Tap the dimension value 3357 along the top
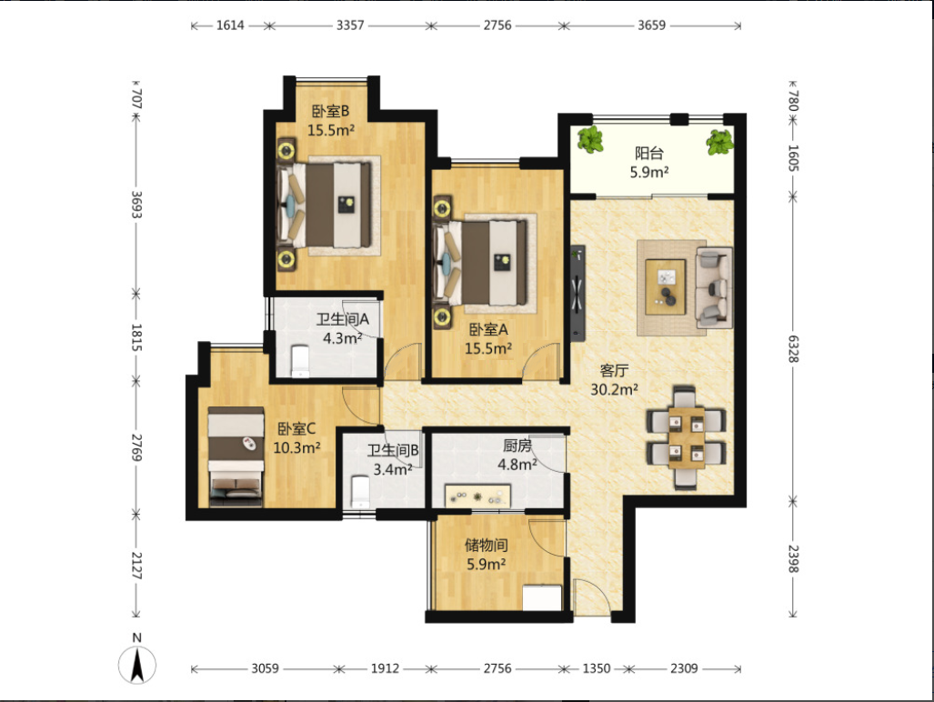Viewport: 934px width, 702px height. click(x=350, y=25)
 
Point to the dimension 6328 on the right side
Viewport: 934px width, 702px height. click(x=793, y=349)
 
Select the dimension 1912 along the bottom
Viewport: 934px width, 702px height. click(x=385, y=668)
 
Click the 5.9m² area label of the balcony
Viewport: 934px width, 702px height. click(x=649, y=172)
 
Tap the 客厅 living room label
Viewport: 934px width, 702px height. click(x=614, y=370)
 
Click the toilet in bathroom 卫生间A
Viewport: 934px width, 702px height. click(x=301, y=360)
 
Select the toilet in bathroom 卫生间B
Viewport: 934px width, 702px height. click(x=360, y=492)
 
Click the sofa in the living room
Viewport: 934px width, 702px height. click(x=714, y=287)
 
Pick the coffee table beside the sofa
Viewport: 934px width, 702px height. click(x=666, y=286)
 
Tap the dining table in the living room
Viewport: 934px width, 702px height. click(x=687, y=437)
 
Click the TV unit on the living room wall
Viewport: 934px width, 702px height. click(x=577, y=293)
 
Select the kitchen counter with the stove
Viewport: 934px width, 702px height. click(x=477, y=496)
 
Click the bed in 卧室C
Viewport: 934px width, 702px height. click(x=236, y=456)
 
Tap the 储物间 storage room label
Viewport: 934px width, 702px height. click(x=486, y=544)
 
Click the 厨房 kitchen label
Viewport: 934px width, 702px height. click(x=517, y=446)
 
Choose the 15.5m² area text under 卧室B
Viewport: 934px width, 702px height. click(x=331, y=130)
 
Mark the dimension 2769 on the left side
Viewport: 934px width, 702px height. click(x=136, y=447)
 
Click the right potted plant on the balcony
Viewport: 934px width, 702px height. click(x=719, y=142)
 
